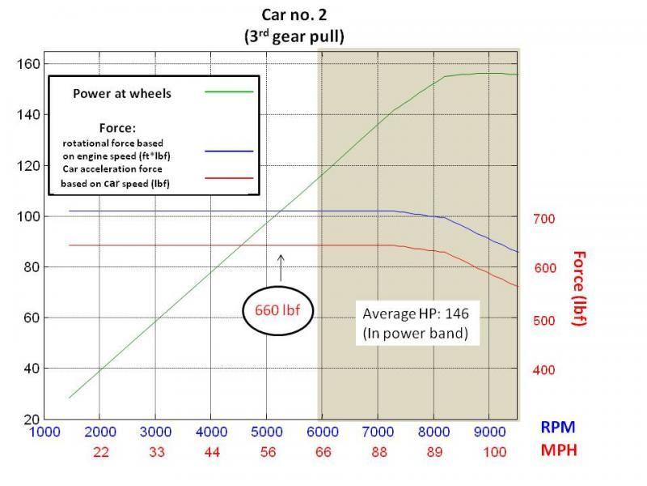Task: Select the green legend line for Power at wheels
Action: tap(229, 92)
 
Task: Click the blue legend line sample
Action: tap(229, 151)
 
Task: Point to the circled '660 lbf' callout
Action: tap(278, 309)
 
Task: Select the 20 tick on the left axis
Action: tap(30, 419)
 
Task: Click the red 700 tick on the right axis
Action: tap(543, 219)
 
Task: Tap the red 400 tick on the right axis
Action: tap(543, 370)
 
